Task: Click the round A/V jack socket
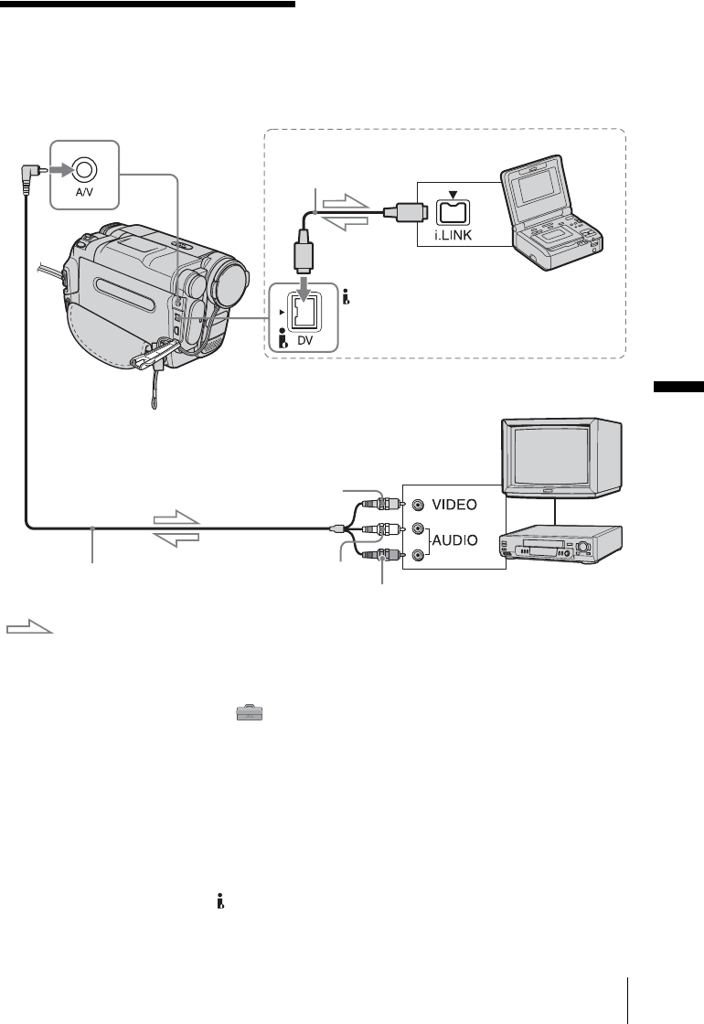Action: (84, 168)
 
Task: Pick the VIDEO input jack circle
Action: (419, 504)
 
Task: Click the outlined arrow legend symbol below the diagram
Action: (29, 629)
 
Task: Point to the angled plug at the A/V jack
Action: (34, 169)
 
